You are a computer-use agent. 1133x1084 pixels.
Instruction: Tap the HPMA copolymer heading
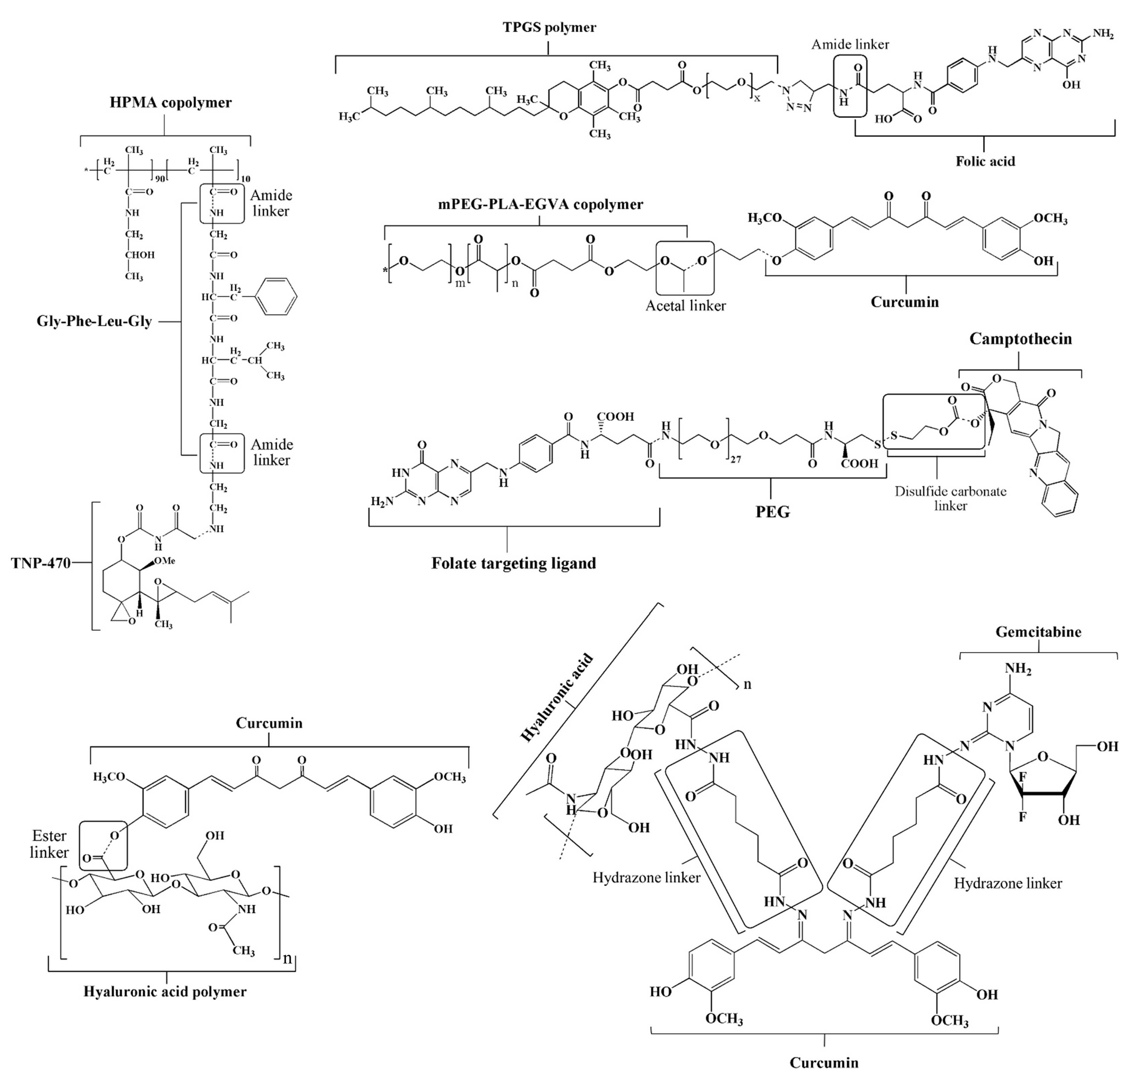coord(170,103)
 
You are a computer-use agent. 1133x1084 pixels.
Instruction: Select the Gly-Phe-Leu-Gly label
coord(94,322)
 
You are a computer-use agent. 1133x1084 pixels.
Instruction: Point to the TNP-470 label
coord(41,563)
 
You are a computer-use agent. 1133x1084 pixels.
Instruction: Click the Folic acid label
coord(985,161)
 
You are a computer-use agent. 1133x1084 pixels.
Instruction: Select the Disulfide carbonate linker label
coord(950,498)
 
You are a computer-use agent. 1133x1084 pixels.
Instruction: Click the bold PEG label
coord(772,512)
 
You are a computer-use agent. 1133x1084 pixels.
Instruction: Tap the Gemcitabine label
coord(1038,632)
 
